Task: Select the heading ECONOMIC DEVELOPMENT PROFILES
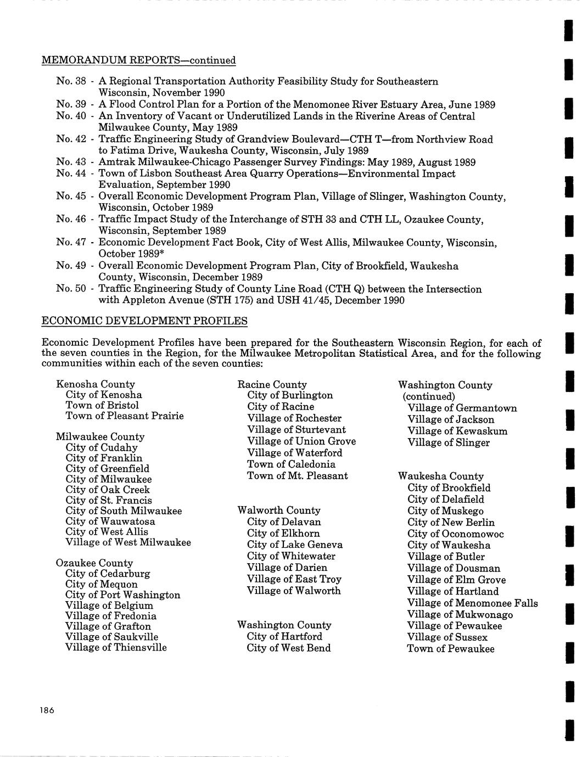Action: (x=144, y=321)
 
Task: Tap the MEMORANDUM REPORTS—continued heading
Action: (x=138, y=60)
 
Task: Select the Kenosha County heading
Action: (x=96, y=384)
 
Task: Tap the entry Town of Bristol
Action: (x=102, y=405)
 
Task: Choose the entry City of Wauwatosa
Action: (x=110, y=521)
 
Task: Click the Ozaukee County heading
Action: (x=94, y=563)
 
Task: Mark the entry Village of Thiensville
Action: (x=116, y=647)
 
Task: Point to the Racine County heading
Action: (x=272, y=384)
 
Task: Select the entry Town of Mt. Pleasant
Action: (x=297, y=475)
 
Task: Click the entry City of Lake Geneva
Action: (x=294, y=545)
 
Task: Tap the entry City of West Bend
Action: (x=289, y=648)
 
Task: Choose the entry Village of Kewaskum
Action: (x=457, y=431)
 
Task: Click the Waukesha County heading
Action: (x=441, y=476)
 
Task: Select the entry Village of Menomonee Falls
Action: (x=472, y=603)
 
